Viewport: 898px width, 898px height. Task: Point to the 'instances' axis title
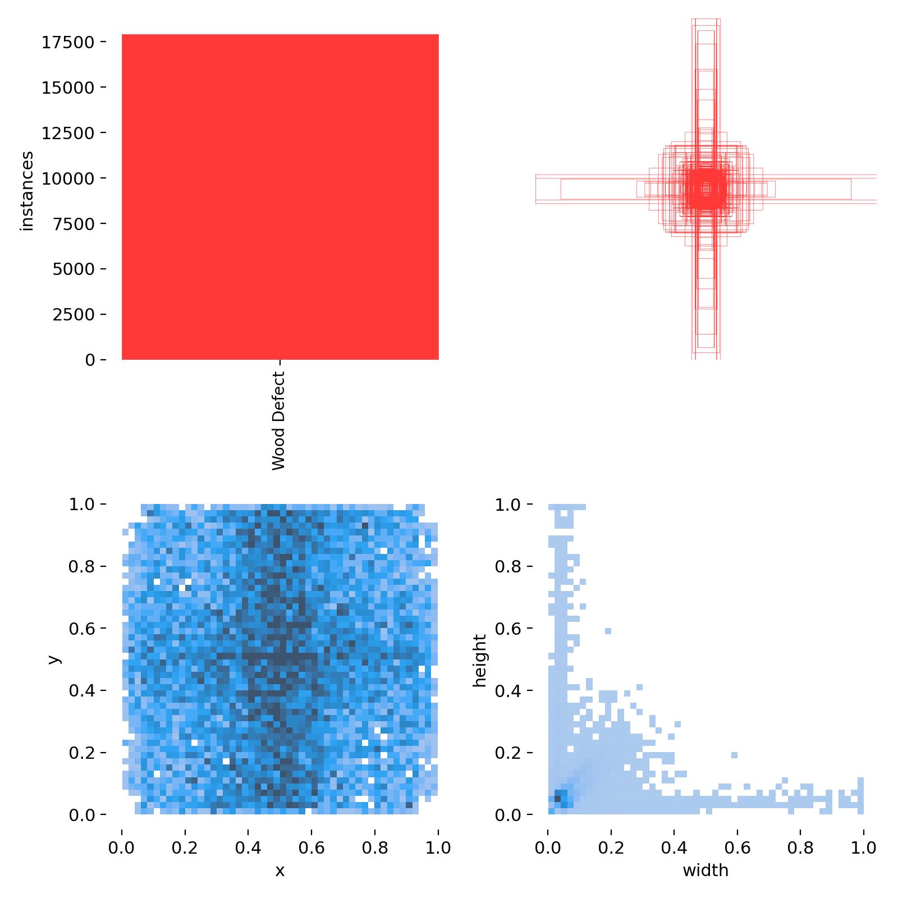click(27, 191)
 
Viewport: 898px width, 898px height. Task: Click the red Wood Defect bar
click(280, 196)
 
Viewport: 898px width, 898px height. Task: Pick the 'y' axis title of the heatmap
click(54, 659)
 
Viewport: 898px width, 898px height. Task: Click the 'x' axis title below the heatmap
click(280, 870)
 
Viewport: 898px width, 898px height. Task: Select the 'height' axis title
click(479, 660)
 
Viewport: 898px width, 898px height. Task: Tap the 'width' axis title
click(705, 870)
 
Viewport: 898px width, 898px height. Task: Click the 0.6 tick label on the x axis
click(311, 847)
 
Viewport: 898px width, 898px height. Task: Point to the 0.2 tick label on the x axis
click(185, 847)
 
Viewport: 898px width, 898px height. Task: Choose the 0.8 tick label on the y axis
click(83, 566)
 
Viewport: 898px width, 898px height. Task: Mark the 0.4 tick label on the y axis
click(83, 690)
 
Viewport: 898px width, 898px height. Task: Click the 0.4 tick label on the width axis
click(674, 847)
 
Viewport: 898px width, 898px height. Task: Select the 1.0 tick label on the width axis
click(864, 847)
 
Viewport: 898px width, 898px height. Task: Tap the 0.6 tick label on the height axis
click(508, 629)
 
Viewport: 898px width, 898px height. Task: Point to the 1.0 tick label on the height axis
click(508, 505)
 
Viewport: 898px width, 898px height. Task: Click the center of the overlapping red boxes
click(706, 189)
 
